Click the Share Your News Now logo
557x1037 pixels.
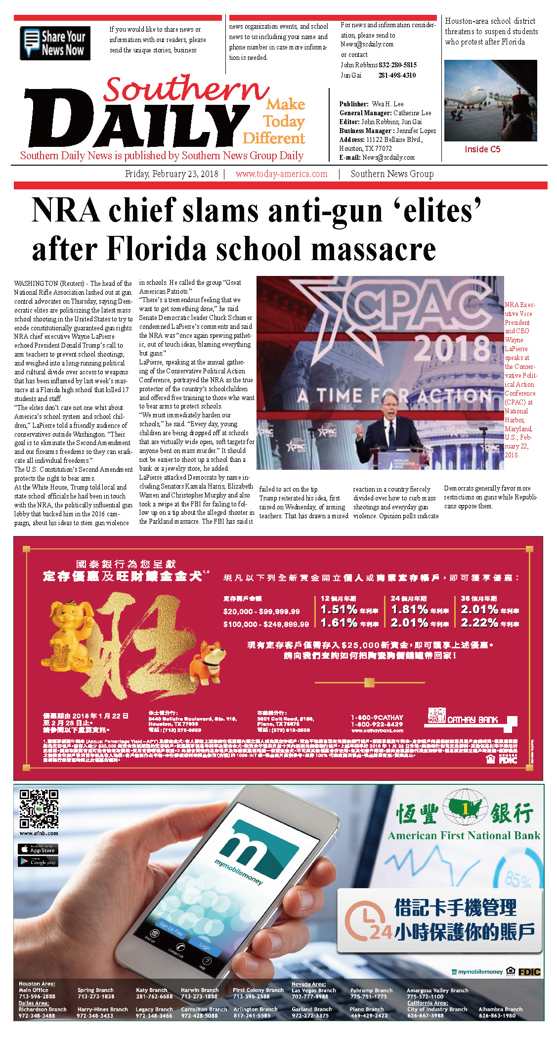pos(55,44)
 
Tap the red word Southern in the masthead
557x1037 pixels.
pos(186,90)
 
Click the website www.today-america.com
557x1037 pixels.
pos(281,174)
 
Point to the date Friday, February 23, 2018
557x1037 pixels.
pos(171,174)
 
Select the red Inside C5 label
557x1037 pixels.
pos(482,149)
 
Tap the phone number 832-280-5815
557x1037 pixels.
pos(397,65)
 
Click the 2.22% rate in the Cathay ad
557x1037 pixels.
pos(479,623)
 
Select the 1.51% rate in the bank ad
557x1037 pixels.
pos(339,609)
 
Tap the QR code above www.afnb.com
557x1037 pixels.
pos(39,810)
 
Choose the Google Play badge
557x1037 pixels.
pos(38,861)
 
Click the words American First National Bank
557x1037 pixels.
pos(464,836)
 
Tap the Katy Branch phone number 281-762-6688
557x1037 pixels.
pos(154,996)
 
